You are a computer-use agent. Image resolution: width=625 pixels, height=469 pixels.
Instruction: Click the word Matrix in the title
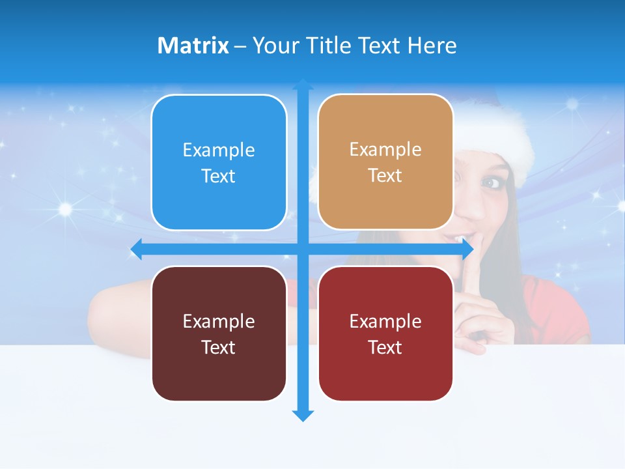(193, 46)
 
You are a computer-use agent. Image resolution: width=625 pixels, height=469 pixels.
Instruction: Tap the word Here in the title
(432, 46)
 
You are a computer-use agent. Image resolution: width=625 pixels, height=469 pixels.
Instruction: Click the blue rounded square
(219, 163)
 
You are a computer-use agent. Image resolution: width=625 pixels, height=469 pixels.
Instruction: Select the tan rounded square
(385, 162)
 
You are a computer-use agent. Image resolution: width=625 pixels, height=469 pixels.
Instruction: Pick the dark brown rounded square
(219, 334)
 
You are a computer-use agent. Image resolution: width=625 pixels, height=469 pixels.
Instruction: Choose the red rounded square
(385, 334)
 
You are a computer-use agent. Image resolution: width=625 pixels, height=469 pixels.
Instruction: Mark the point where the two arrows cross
(303, 249)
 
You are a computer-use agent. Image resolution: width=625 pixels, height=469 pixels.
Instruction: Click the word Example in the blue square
(219, 150)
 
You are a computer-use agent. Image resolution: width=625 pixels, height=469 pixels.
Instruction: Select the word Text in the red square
(385, 347)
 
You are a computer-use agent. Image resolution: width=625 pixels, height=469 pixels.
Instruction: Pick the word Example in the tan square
(385, 150)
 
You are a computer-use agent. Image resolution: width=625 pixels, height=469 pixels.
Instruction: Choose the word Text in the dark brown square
(219, 347)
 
